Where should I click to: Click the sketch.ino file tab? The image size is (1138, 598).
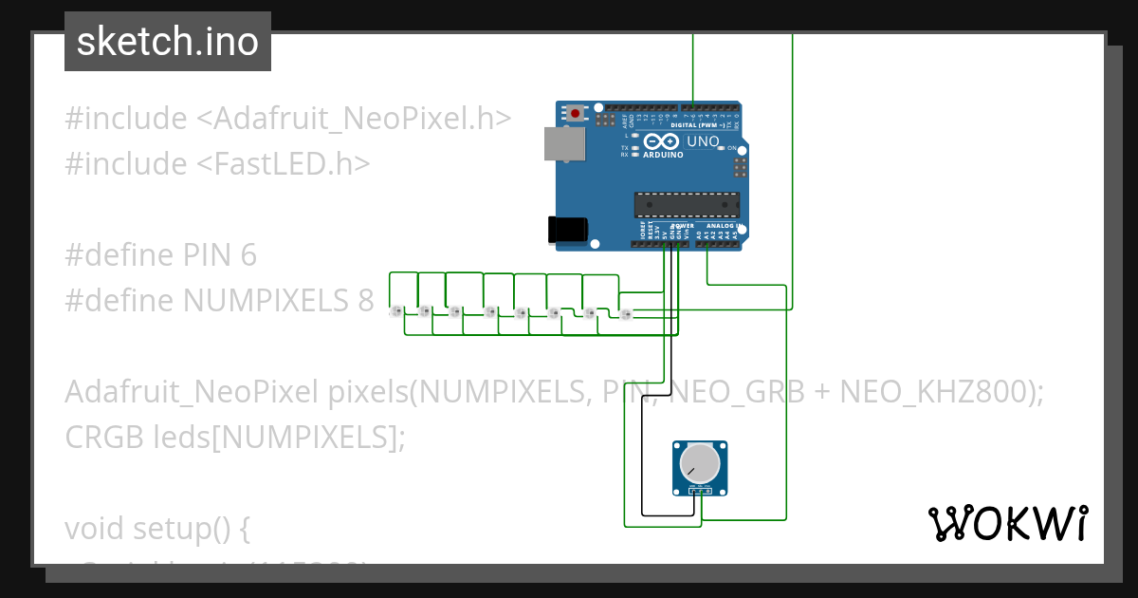[x=168, y=42]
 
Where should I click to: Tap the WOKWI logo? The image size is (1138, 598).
[x=1007, y=523]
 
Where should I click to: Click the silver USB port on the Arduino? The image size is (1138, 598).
[x=563, y=142]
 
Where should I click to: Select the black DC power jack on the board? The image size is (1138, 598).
[x=568, y=229]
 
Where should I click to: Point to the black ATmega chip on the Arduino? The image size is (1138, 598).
[x=687, y=204]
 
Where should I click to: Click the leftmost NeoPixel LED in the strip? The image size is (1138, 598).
[x=397, y=310]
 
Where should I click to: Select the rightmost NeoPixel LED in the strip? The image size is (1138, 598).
[x=624, y=313]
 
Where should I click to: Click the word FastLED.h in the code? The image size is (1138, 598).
[x=282, y=164]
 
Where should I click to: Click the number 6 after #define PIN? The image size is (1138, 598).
[x=248, y=255]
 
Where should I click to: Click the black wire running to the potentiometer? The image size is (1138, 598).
[x=642, y=437]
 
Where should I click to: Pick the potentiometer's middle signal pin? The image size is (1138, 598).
[x=701, y=491]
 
